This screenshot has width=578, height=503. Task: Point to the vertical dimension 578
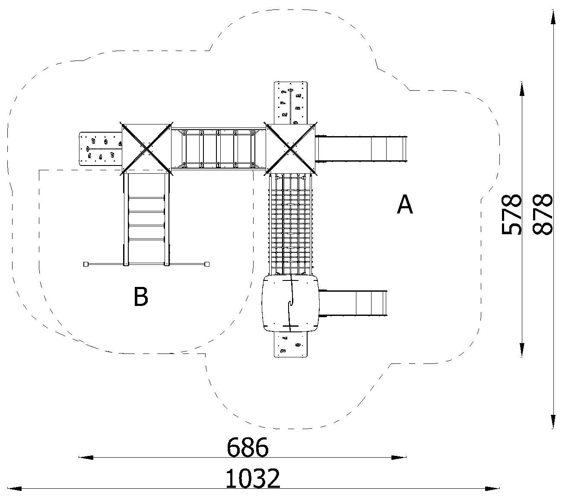[x=511, y=214]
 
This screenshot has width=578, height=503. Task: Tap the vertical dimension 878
[x=543, y=214]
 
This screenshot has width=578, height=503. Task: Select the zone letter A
[x=405, y=204]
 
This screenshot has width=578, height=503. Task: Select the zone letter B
[x=141, y=296]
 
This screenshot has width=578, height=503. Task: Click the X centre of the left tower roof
[x=146, y=148]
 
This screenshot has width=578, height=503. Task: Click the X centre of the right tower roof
[x=290, y=148]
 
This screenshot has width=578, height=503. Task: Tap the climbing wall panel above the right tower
[x=290, y=103]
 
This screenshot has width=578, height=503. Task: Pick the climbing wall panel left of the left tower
[x=101, y=149]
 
